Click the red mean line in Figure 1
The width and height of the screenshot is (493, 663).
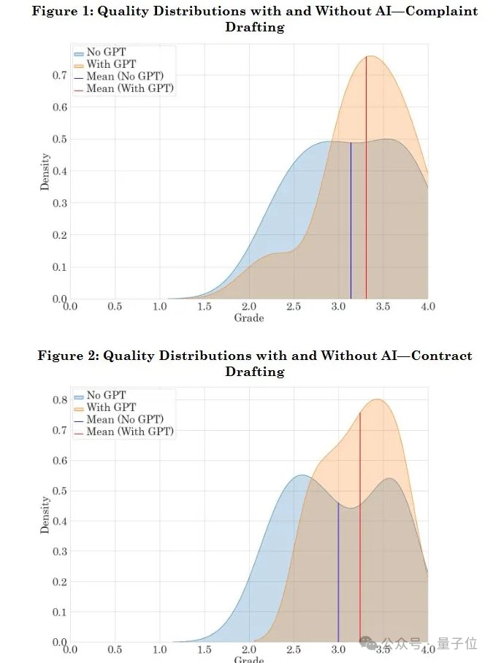366,183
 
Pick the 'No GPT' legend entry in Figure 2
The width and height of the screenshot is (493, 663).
106,395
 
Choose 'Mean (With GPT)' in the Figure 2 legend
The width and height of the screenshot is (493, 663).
130,432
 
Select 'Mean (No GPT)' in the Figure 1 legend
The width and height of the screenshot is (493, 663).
125,76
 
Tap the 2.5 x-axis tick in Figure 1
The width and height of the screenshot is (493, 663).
294,306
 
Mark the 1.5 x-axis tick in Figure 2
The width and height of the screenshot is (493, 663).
205,648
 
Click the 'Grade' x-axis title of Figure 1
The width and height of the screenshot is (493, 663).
248,318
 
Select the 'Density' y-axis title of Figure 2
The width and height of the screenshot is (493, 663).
45,515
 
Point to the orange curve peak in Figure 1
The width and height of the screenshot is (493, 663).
371,56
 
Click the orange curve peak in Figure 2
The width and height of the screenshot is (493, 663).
377,399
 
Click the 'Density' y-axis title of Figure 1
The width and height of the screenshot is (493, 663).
45,172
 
